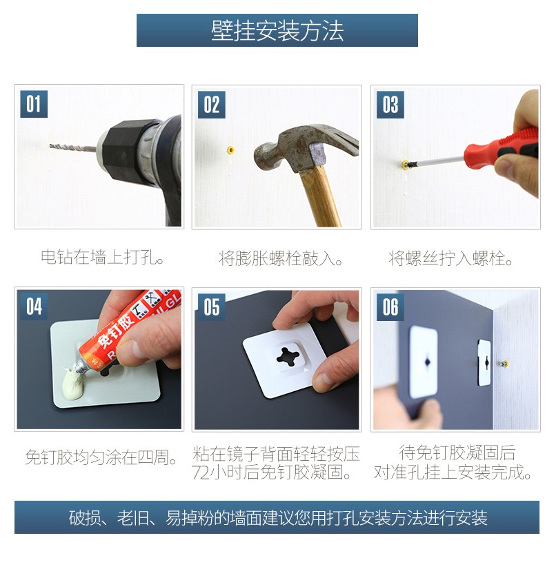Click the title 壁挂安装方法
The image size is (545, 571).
point(277,30)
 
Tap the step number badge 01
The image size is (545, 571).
point(34,104)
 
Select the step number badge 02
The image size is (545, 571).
point(211,105)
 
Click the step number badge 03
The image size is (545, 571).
point(390,105)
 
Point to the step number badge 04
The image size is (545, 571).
point(34,307)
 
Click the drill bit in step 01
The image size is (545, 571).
point(73,147)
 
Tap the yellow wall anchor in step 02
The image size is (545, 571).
point(230,149)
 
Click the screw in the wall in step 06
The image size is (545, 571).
point(504,364)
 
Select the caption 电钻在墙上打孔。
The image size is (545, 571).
point(103,257)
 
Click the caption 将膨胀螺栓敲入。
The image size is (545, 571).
point(280,258)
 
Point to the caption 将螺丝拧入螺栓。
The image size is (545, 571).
point(450,258)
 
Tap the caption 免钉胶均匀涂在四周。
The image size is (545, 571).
point(101,457)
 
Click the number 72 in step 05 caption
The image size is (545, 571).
point(201,473)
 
